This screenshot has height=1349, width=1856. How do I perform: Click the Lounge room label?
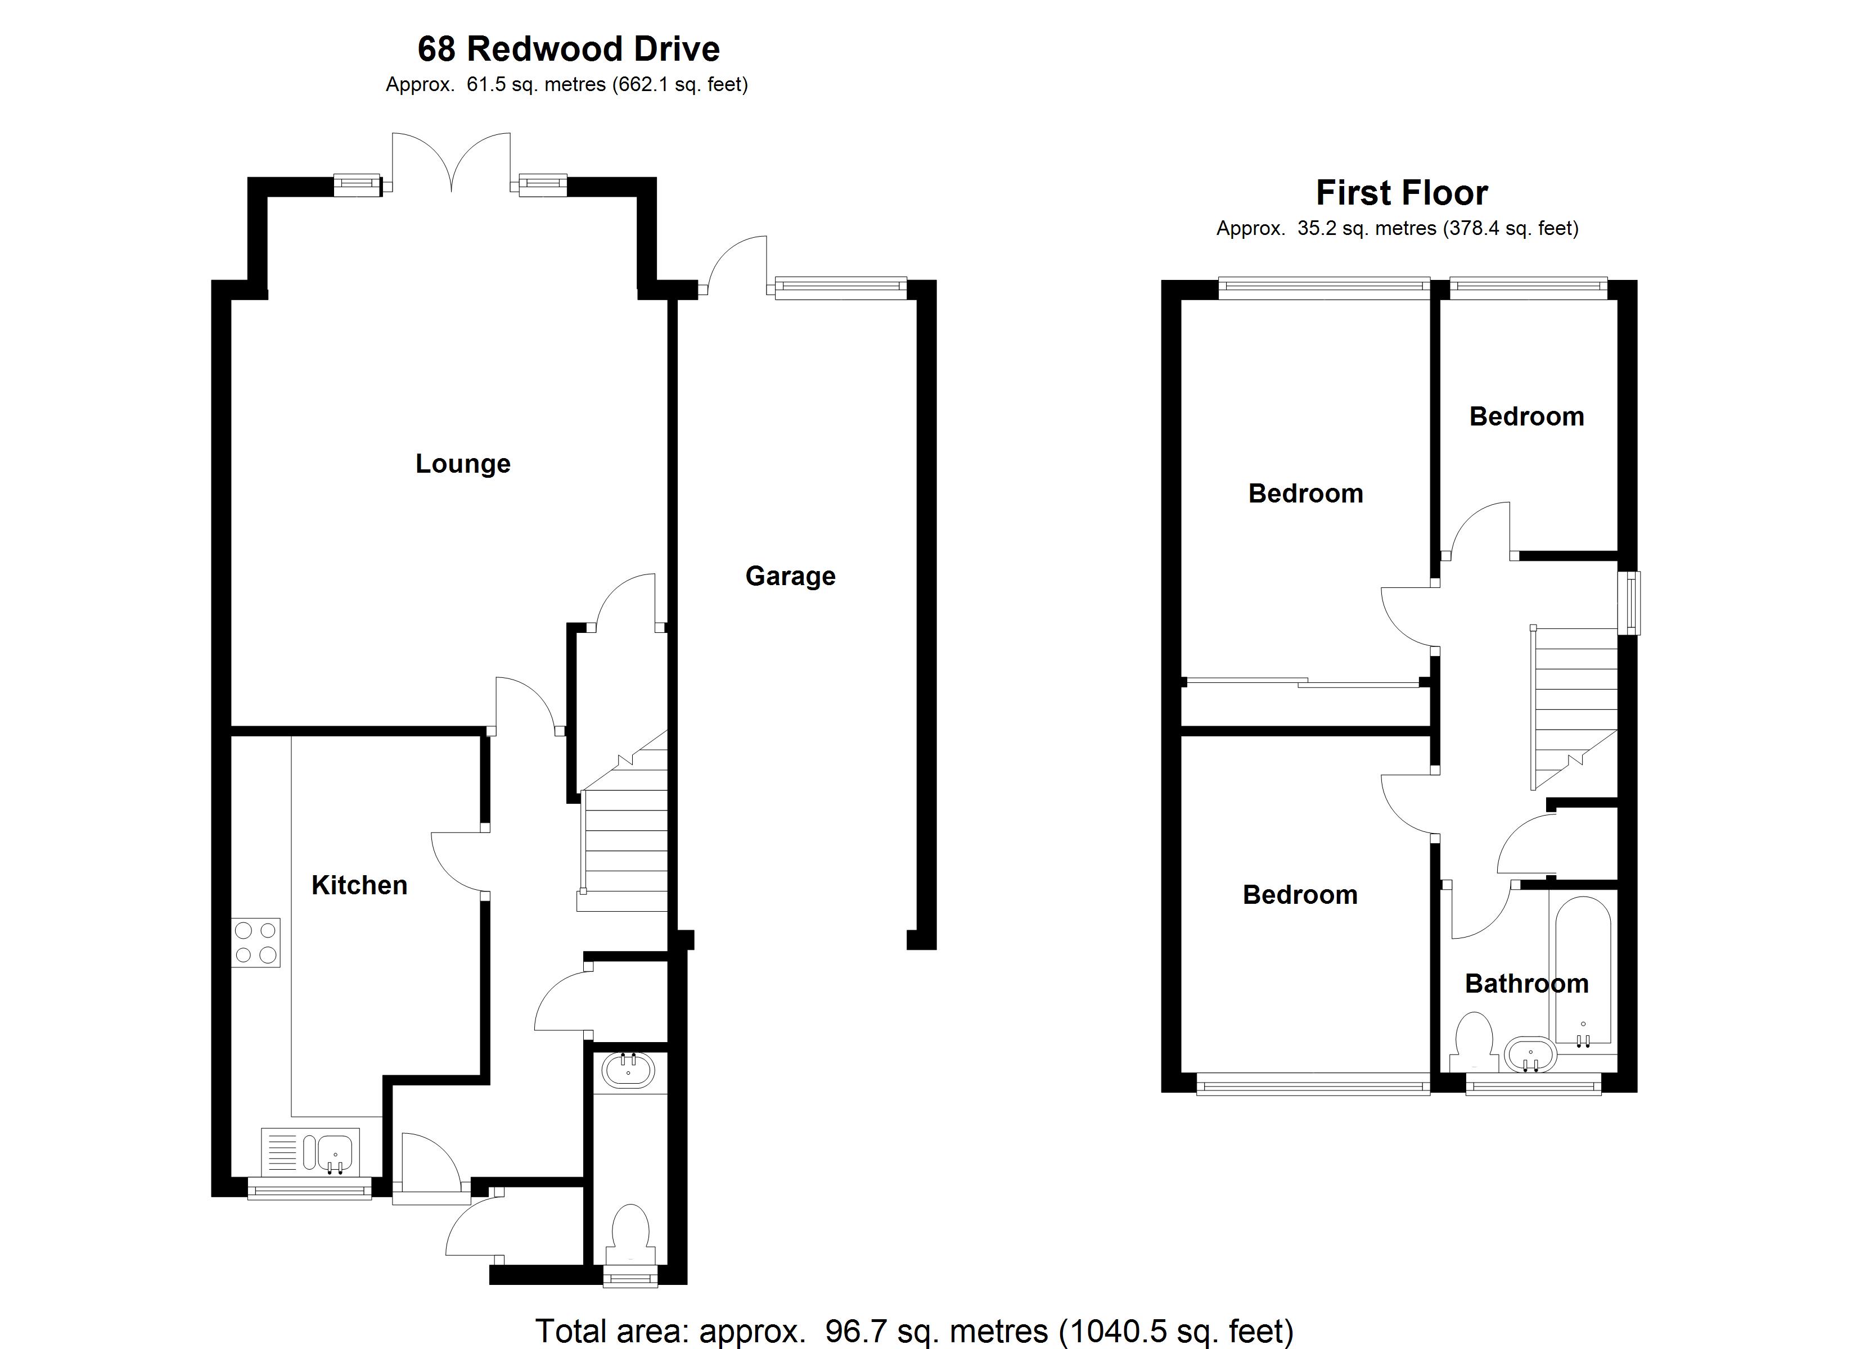463,464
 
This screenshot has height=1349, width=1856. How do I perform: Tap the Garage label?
791,577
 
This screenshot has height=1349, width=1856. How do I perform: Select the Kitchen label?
359,885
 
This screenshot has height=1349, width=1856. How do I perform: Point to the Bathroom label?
1527,983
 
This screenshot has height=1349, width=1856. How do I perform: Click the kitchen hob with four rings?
256,943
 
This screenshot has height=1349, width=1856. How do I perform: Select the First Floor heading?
1402,193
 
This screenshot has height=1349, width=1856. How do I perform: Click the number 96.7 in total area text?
856,1330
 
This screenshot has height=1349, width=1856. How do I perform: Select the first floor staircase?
1575,708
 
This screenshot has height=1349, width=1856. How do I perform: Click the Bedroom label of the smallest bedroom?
1527,417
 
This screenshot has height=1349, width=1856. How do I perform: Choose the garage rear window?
841,287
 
